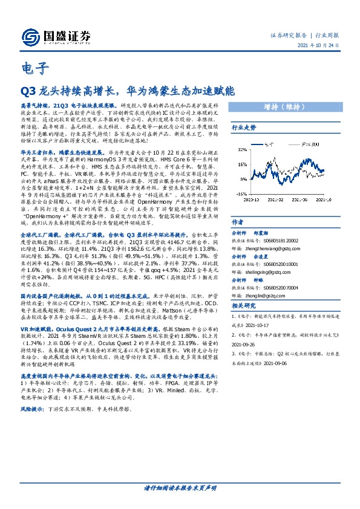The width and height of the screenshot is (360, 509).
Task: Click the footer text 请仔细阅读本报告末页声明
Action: [180, 487]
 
